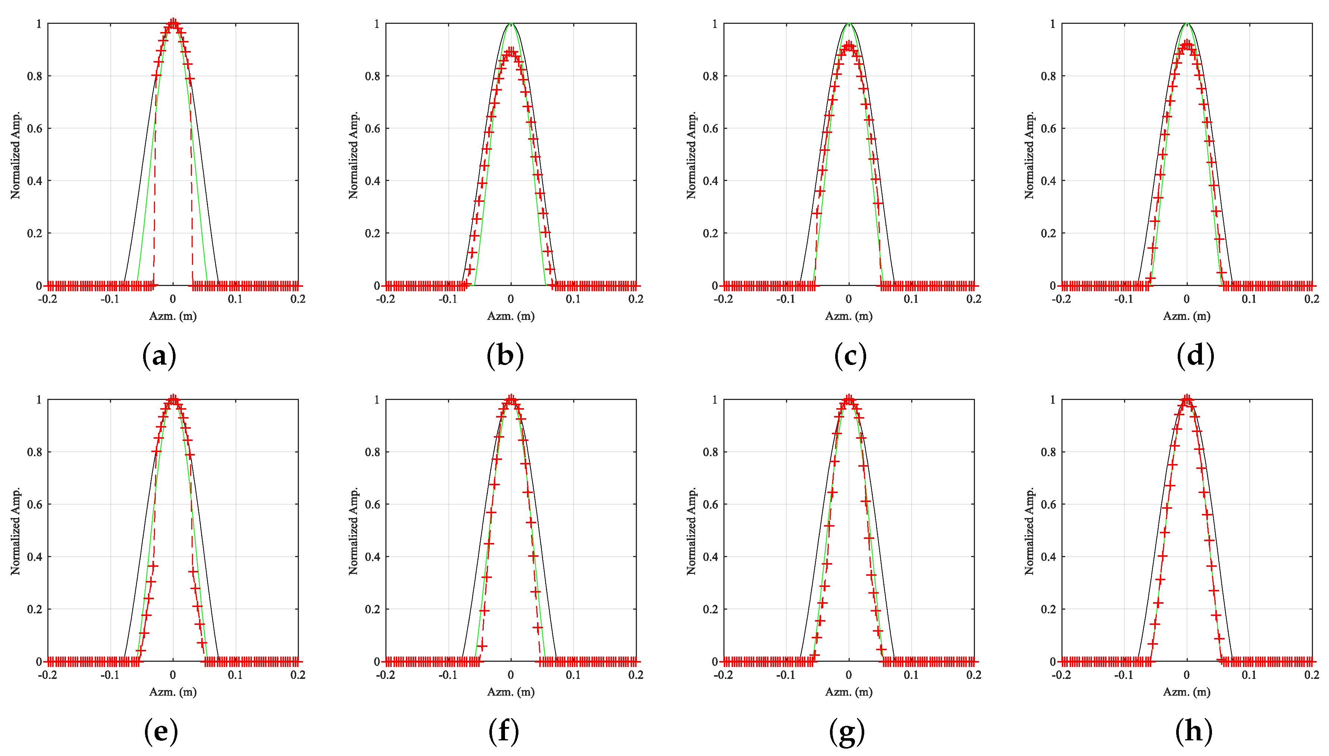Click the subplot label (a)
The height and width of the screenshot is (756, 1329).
[x=159, y=356]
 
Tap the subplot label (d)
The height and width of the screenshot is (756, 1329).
[x=1195, y=356]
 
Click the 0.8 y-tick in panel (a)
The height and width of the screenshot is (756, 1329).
[x=34, y=76]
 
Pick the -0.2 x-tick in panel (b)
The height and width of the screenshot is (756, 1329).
[x=385, y=299]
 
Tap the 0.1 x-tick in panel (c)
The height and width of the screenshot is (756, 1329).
[x=911, y=299]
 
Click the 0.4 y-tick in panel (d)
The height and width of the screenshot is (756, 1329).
[x=1048, y=181]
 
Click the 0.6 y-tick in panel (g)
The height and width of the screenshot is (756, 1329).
[x=710, y=505]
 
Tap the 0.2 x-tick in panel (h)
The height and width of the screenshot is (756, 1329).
[x=1311, y=675]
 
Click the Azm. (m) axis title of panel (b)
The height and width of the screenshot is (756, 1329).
[x=511, y=316]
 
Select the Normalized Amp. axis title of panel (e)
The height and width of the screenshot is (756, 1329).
[x=15, y=531]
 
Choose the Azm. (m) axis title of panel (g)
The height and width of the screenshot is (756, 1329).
[x=848, y=692]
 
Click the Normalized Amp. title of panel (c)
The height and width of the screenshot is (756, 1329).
[x=691, y=155]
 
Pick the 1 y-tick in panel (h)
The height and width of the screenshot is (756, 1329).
[x=1052, y=400]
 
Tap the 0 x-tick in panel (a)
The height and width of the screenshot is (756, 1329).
[x=173, y=299]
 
